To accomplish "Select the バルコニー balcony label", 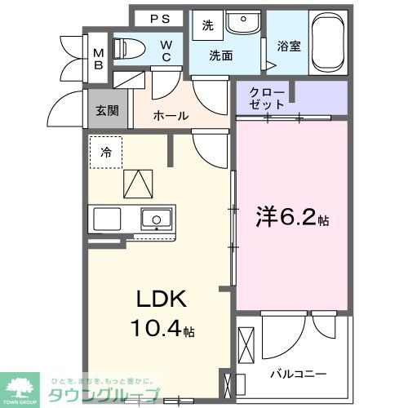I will tap(299, 374).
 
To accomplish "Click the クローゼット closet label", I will tap(268, 99).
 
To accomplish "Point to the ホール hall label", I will tap(171, 116).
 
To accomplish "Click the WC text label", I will tap(165, 51).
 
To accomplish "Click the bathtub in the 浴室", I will tap(330, 42).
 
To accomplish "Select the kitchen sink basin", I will tap(155, 219).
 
